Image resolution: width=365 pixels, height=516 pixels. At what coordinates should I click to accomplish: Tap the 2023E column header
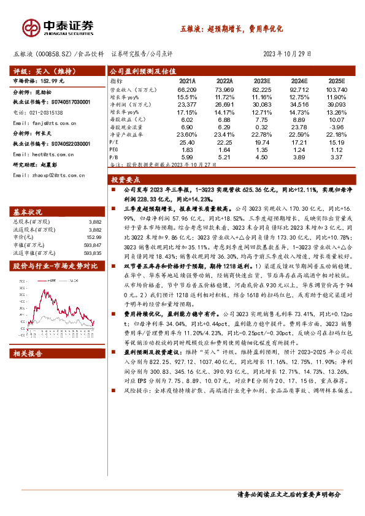[x=261, y=81]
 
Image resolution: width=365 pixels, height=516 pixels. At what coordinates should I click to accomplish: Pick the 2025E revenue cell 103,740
[x=333, y=89]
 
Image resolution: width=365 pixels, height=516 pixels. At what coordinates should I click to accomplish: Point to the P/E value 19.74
[x=261, y=141]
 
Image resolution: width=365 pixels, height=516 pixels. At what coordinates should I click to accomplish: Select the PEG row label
[x=114, y=149]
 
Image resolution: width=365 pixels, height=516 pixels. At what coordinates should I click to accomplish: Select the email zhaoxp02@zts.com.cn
[x=52, y=175]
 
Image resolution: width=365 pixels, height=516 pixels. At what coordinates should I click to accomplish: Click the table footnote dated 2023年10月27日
[x=157, y=165]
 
